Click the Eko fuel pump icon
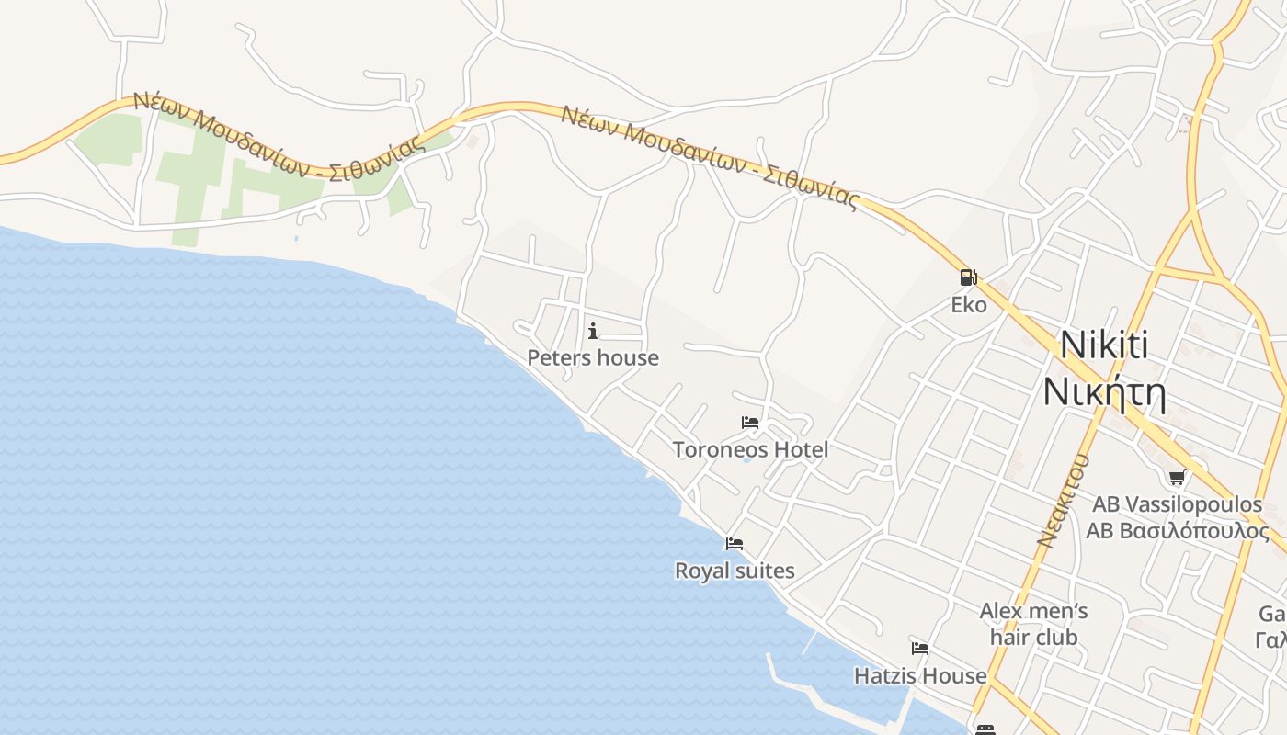[968, 277]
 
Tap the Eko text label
[968, 305]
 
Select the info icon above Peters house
[593, 331]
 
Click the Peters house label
[593, 357]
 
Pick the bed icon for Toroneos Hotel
[750, 423]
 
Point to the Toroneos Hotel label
[750, 449]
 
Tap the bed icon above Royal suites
[734, 544]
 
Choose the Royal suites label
[735, 571]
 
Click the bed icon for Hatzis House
[919, 649]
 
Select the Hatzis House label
[920, 676]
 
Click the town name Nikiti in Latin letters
[1104, 345]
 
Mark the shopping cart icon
[1177, 477]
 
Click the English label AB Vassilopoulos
[1177, 504]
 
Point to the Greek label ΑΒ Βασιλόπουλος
[1177, 531]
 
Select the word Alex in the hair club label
[999, 611]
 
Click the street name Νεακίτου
[1064, 501]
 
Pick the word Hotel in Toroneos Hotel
[800, 449]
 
